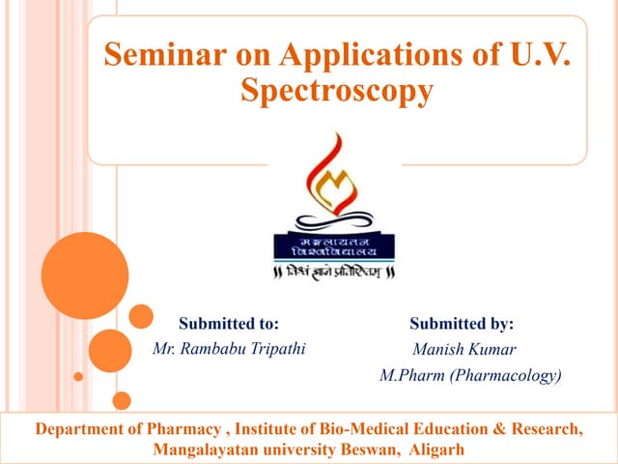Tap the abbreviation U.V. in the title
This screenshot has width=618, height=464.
(531, 55)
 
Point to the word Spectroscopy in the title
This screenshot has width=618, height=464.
(336, 92)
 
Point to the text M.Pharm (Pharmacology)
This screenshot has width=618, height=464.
(470, 375)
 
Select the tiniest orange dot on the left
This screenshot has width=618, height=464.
(79, 377)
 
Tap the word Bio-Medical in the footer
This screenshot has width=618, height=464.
(355, 428)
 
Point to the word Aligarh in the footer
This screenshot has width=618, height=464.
(436, 449)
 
